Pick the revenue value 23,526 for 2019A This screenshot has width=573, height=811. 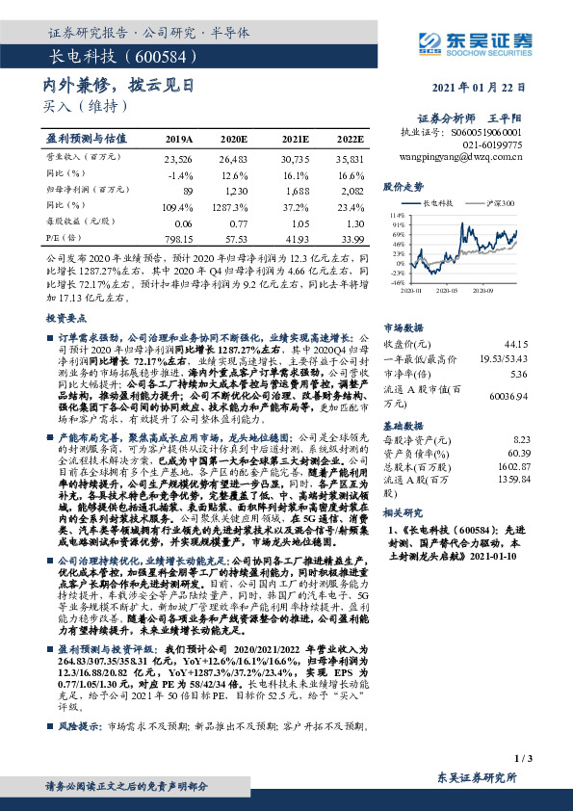pyautogui.click(x=179, y=159)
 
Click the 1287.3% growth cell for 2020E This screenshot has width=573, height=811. pyautogui.click(x=233, y=205)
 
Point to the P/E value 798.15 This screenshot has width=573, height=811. pyautogui.click(x=179, y=237)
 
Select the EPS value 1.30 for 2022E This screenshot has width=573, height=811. pyautogui.click(x=352, y=222)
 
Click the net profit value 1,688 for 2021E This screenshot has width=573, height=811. pyautogui.click(x=295, y=191)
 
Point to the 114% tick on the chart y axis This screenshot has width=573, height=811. pyautogui.click(x=397, y=216)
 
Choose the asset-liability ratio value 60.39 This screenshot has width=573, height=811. pyautogui.click(x=518, y=452)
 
